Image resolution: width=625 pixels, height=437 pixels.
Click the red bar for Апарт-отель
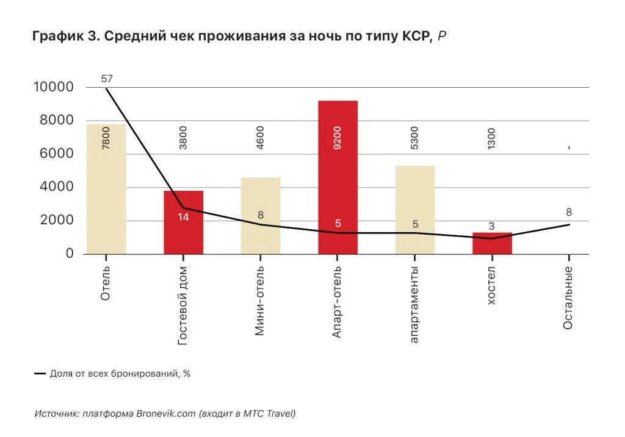pyautogui.click(x=338, y=177)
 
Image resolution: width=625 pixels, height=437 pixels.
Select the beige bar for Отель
pyautogui.click(x=106, y=189)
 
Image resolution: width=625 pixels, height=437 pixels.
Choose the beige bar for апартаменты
pyautogui.click(x=415, y=210)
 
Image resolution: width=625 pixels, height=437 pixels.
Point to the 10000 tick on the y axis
pyautogui.click(x=53, y=87)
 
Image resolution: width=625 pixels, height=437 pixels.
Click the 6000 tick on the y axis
pyautogui.click(x=53, y=154)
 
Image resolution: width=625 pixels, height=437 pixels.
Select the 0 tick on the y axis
pyautogui.click(x=70, y=254)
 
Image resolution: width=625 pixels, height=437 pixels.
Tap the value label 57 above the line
pyautogui.click(x=107, y=78)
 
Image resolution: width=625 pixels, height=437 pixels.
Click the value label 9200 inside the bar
pyautogui.click(x=338, y=138)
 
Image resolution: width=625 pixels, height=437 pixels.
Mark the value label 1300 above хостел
pyautogui.click(x=492, y=139)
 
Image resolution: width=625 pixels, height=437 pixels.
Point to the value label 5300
pyautogui.click(x=415, y=139)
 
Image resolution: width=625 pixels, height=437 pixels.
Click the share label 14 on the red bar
pyautogui.click(x=183, y=216)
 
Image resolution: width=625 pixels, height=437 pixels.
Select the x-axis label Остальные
pyautogui.click(x=568, y=298)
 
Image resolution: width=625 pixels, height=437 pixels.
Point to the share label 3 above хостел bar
pyautogui.click(x=492, y=227)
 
